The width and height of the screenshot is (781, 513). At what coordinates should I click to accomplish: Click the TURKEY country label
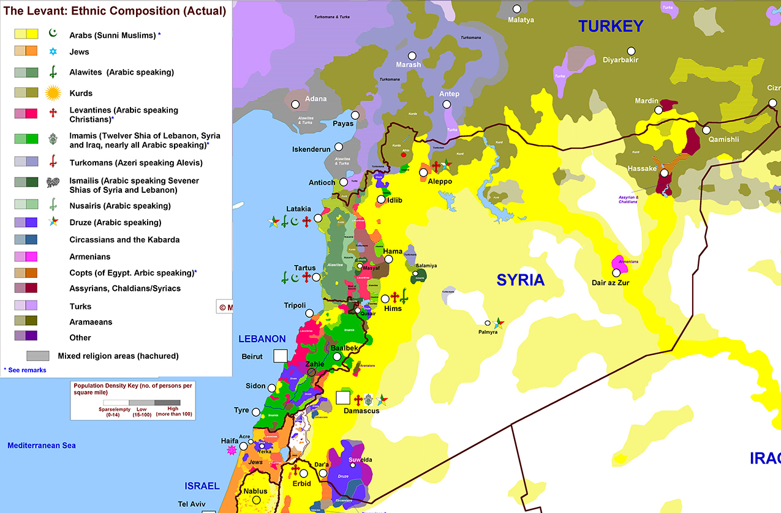tap(611, 26)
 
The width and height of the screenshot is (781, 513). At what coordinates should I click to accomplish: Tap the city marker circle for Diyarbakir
tap(631, 51)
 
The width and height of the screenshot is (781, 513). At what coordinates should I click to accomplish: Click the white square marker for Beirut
tap(281, 356)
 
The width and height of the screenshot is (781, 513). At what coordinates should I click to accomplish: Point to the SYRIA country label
tap(520, 280)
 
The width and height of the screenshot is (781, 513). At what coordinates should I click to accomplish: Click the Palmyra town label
tap(488, 332)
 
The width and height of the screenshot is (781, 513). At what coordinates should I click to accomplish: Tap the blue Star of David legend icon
tap(53, 52)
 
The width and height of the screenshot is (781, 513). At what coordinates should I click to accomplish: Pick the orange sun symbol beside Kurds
tap(54, 93)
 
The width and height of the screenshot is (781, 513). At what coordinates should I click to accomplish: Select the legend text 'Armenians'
tap(90, 256)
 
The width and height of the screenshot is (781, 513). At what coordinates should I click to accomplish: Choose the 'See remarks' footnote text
tap(27, 370)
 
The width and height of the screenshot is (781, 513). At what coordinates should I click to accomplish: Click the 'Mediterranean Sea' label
tap(42, 445)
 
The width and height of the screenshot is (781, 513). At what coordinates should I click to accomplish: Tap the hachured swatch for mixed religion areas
tap(38, 356)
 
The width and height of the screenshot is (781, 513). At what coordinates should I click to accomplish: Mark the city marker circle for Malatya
tap(517, 9)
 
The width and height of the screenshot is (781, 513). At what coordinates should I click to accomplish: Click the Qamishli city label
tap(723, 140)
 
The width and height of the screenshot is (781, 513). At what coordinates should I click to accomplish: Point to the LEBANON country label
tap(262, 339)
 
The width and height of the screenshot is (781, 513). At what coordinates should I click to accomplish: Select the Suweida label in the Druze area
tap(360, 460)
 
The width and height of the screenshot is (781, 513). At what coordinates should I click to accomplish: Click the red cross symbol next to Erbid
tap(296, 470)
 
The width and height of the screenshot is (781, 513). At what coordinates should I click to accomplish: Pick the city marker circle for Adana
tap(295, 104)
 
